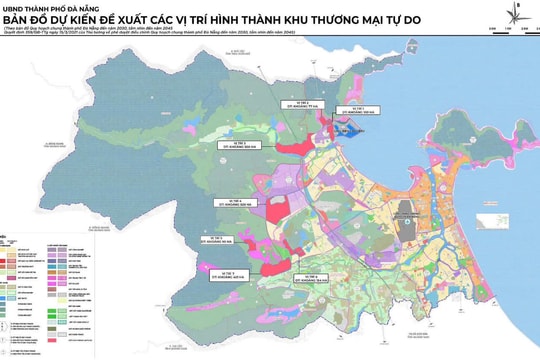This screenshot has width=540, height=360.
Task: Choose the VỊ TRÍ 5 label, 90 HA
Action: pos(209,239)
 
